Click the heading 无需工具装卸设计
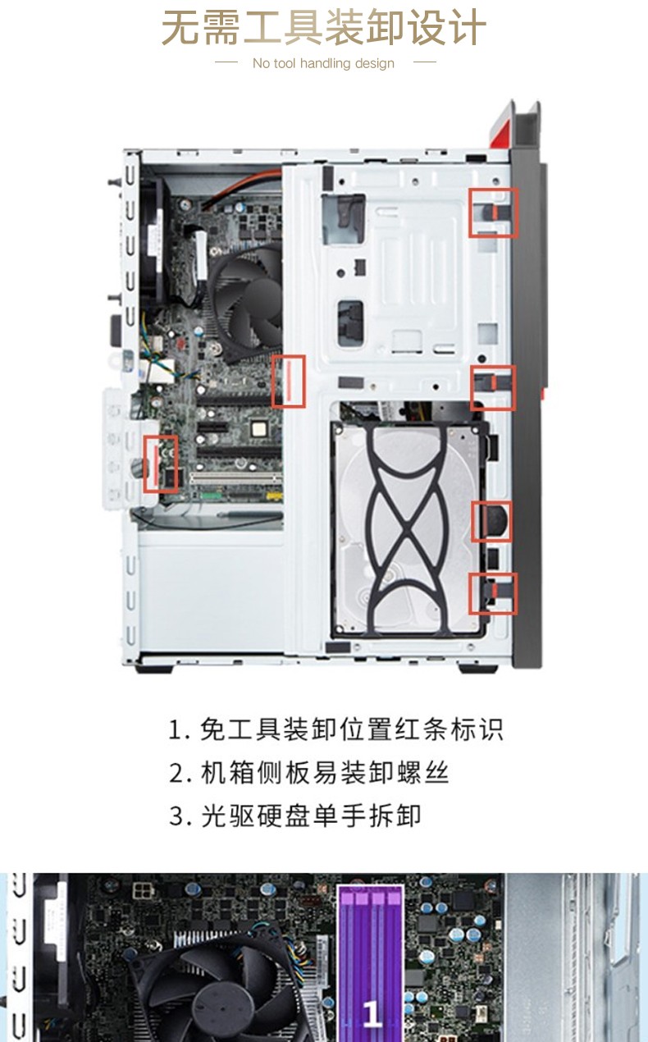pos(324,28)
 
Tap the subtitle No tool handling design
pos(323,63)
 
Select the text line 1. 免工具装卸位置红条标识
pos(335,729)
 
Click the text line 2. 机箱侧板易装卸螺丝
pos(308,773)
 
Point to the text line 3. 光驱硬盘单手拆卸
pos(295,816)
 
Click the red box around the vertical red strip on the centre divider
pos(289,382)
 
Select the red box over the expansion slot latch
pos(161,464)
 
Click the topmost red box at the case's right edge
pos(493,213)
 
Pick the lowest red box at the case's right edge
pos(493,593)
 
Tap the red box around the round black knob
pos(491,522)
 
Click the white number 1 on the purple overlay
pos(371,1012)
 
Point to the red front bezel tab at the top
pos(501,125)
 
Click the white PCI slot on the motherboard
pos(235,478)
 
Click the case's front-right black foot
pos(477,670)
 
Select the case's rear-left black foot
pos(154,670)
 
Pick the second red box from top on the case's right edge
pos(493,388)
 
